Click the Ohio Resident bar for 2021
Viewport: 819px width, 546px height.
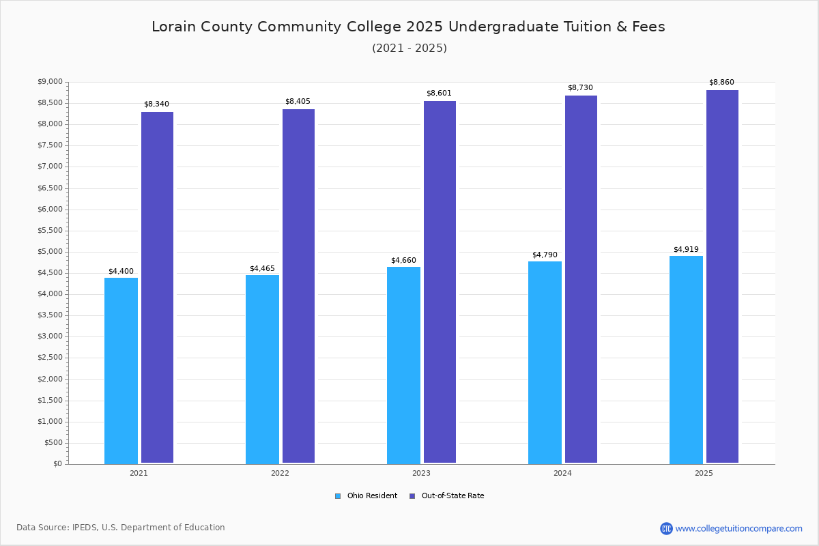click(x=121, y=371)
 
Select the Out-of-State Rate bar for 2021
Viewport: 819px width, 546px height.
click(x=157, y=287)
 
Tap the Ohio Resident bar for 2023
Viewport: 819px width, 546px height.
click(x=403, y=365)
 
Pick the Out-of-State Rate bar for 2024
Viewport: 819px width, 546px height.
click(x=581, y=279)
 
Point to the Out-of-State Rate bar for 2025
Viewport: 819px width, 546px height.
click(x=722, y=276)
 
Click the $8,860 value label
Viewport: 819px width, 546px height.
click(x=721, y=83)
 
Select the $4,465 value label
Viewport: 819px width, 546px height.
click(x=262, y=269)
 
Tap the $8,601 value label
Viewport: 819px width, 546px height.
click(x=439, y=94)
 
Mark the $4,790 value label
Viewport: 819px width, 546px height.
click(x=545, y=255)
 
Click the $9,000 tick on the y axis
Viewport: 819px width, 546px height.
click(x=49, y=82)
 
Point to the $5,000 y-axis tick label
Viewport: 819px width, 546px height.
click(x=49, y=252)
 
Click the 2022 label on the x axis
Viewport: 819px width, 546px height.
click(x=280, y=473)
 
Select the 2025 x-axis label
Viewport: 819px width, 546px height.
click(x=704, y=473)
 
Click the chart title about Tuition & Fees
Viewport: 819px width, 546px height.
click(x=408, y=27)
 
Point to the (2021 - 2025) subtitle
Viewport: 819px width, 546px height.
click(x=409, y=48)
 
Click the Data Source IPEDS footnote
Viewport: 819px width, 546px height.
click(x=121, y=528)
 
